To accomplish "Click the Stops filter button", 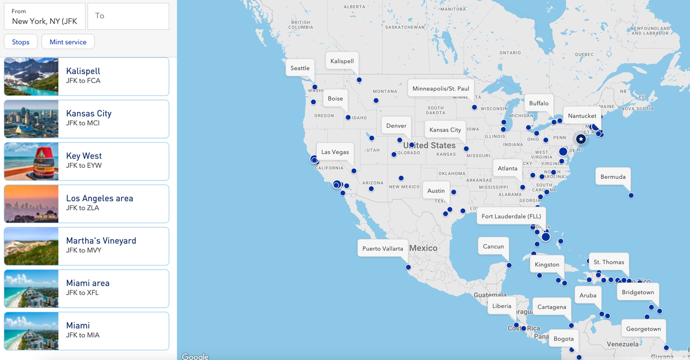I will point(21,42).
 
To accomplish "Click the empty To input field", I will point(128,16).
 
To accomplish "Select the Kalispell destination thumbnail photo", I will point(31,76).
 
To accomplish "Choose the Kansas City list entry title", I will point(89,113).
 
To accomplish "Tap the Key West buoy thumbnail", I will point(31,161).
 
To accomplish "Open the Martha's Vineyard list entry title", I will point(101,241).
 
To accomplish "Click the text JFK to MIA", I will point(83,335).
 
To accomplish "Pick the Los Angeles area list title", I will point(99,198).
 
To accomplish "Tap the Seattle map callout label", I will point(300,68).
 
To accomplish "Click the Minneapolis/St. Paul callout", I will point(440,89).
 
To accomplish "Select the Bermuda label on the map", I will point(613,177).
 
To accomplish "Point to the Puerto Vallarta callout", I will point(383,248).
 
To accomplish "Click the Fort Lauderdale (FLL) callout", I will point(511,216).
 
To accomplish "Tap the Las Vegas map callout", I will point(335,152).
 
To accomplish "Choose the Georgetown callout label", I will point(643,329).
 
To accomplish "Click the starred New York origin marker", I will point(581,139).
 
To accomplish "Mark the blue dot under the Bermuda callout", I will point(631,196).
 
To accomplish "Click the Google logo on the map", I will point(195,357).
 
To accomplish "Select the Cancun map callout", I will point(493,246).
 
